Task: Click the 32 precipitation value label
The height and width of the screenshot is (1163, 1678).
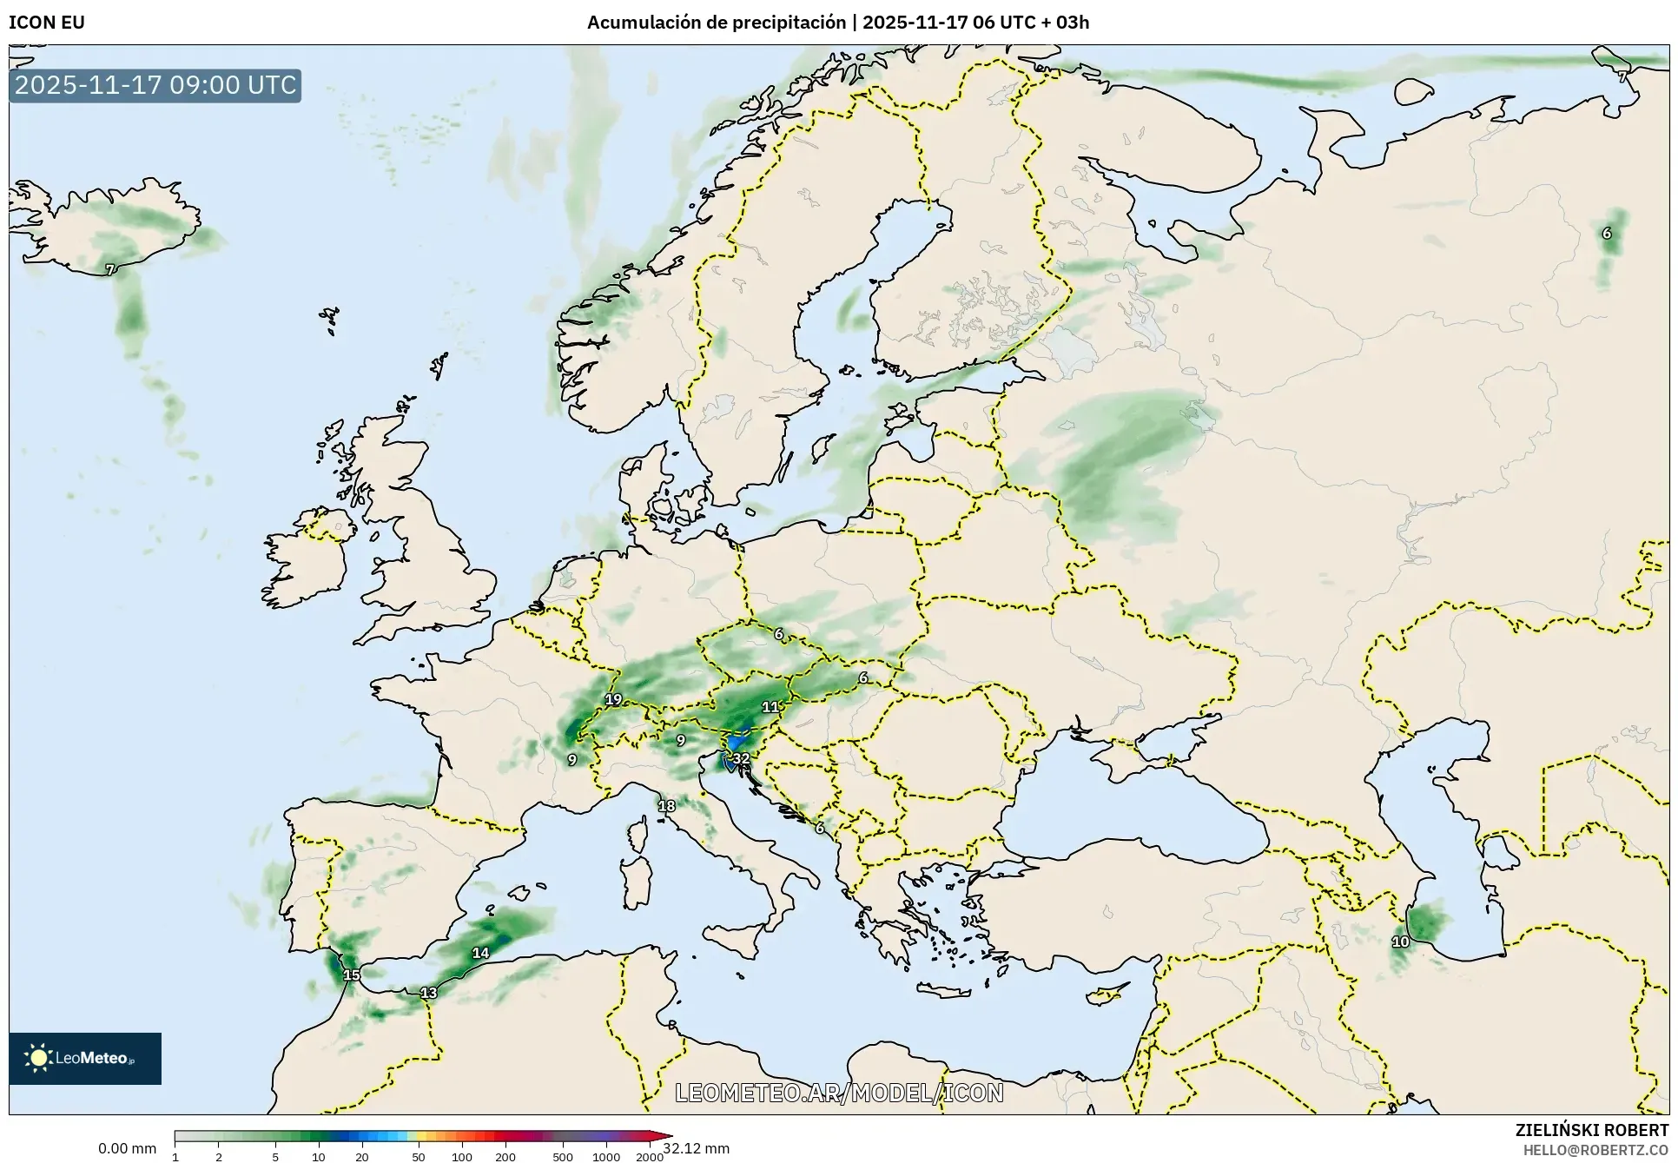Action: click(740, 759)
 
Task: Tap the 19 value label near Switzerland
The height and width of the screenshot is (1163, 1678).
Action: click(613, 699)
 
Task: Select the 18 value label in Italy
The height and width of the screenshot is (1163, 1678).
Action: click(666, 806)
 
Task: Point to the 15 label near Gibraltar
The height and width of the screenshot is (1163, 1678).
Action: click(351, 975)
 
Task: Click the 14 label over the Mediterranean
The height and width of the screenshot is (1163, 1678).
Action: click(480, 953)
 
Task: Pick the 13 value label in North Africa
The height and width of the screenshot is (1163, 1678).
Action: click(428, 993)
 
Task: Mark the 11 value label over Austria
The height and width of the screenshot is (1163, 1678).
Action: click(770, 707)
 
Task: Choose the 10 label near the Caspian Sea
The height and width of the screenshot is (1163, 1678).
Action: click(1400, 942)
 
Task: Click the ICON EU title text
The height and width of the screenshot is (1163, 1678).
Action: click(47, 23)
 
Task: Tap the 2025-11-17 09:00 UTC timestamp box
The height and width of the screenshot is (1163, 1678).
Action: click(155, 85)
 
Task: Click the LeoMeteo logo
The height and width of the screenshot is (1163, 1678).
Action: click(85, 1058)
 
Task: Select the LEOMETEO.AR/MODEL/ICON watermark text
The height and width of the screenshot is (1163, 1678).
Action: click(839, 1093)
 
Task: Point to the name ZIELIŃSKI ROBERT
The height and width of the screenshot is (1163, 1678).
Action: click(1591, 1131)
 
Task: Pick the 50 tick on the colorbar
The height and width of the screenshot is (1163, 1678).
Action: click(419, 1156)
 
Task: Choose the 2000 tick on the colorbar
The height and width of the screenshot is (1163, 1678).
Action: click(649, 1156)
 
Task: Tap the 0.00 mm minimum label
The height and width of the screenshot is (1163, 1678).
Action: click(127, 1149)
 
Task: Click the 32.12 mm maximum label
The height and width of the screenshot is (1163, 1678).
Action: click(697, 1149)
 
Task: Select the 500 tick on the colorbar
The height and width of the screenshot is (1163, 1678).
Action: click(563, 1156)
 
